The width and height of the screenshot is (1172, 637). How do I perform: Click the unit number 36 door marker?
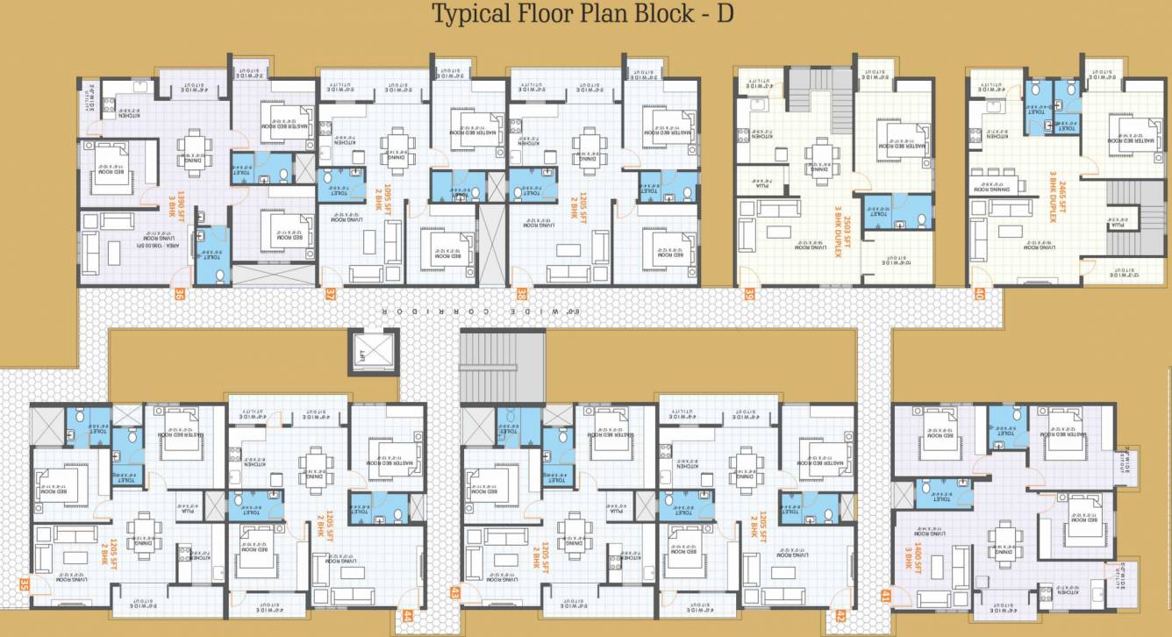[180, 295]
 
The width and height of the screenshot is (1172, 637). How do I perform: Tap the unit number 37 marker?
[330, 295]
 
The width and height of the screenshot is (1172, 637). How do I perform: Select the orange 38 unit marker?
[522, 295]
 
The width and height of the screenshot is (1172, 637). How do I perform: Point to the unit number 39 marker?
[749, 295]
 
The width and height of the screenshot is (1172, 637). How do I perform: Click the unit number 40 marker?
[979, 295]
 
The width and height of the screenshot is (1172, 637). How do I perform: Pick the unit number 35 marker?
[25, 584]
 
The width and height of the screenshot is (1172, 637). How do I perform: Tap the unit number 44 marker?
[407, 617]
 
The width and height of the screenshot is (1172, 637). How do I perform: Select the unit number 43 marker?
[455, 593]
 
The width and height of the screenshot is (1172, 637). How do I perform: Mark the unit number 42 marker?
[842, 617]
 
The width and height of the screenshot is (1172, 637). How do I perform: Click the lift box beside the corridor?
[373, 351]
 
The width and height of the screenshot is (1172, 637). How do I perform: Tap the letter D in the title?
[725, 15]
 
